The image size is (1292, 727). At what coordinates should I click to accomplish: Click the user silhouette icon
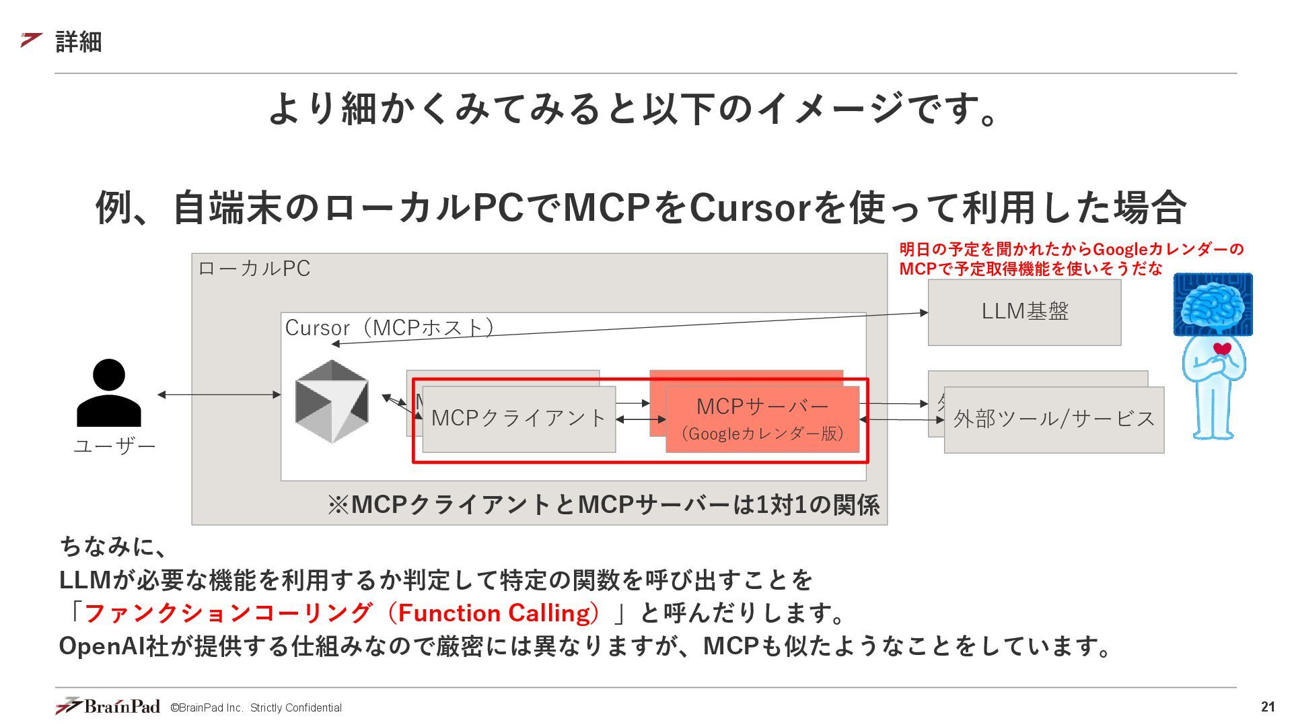click(109, 393)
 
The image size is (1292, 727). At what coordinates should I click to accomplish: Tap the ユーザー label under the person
click(114, 446)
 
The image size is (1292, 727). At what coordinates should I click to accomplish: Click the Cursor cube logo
click(332, 401)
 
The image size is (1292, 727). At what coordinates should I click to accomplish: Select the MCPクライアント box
click(519, 419)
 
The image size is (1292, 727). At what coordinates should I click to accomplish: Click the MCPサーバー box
click(762, 407)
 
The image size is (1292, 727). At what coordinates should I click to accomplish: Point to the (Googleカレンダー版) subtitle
click(762, 434)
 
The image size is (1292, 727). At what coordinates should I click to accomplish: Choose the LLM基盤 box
click(1024, 312)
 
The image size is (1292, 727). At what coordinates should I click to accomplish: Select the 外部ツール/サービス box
click(1054, 419)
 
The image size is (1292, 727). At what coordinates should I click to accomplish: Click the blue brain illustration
click(1213, 304)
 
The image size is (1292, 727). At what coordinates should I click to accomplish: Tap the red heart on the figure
click(1222, 349)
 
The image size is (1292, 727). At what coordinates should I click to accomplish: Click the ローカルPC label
click(254, 269)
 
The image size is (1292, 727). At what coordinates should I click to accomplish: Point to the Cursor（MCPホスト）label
click(390, 328)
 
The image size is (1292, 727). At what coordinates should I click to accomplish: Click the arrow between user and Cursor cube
click(219, 394)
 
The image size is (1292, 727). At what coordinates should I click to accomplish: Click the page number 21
click(1268, 707)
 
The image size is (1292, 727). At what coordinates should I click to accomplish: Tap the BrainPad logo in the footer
click(108, 706)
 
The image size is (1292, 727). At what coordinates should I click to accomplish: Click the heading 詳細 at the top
click(78, 42)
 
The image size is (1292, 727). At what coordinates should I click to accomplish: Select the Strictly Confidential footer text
click(296, 708)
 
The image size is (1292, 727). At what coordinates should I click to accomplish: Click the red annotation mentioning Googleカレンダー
click(1071, 259)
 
